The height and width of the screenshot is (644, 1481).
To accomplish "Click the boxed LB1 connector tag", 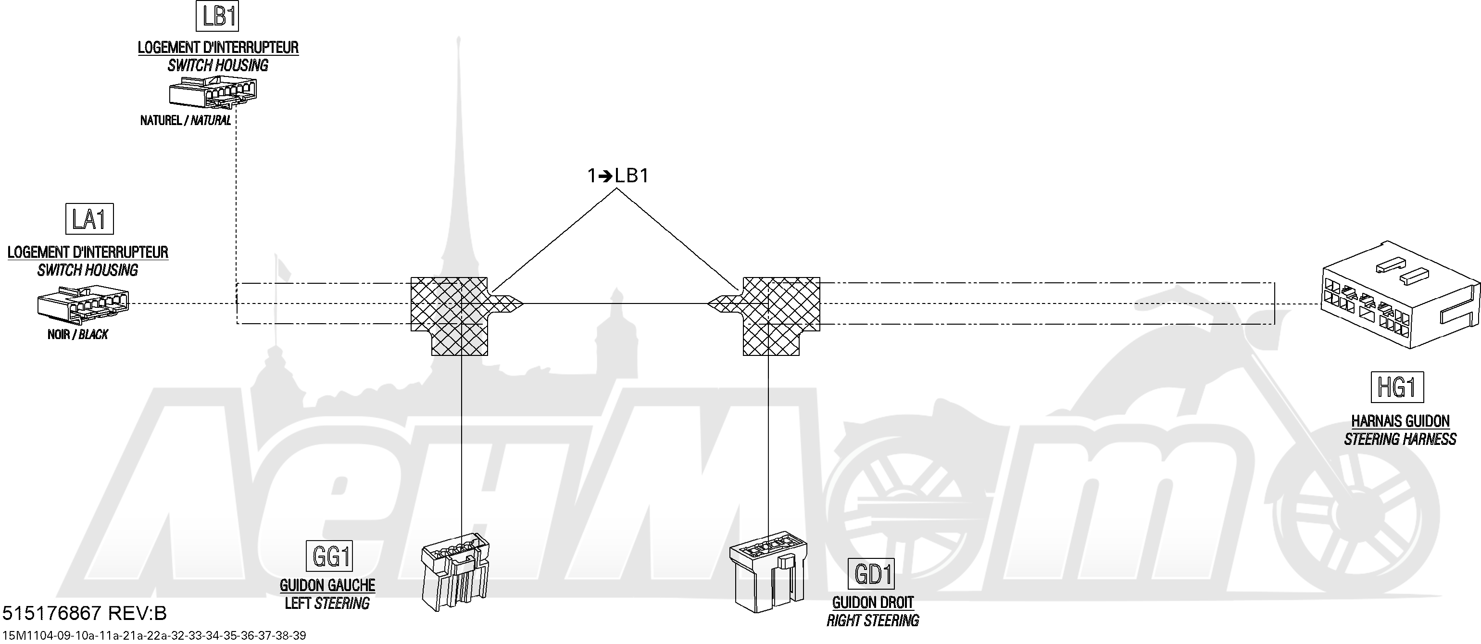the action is click(217, 16).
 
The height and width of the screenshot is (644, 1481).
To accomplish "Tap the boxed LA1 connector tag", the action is click(90, 218).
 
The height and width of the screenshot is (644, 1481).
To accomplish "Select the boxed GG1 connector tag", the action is click(329, 556).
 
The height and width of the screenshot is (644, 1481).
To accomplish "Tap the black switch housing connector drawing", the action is click(83, 308).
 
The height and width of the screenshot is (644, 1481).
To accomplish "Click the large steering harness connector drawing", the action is click(1400, 294).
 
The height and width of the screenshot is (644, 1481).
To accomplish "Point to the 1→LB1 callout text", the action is click(618, 176).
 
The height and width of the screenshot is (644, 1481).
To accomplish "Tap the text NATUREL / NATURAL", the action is click(186, 121).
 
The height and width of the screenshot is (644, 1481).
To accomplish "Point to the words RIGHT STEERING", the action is click(873, 621).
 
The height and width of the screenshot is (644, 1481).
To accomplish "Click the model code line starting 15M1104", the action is click(154, 635).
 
